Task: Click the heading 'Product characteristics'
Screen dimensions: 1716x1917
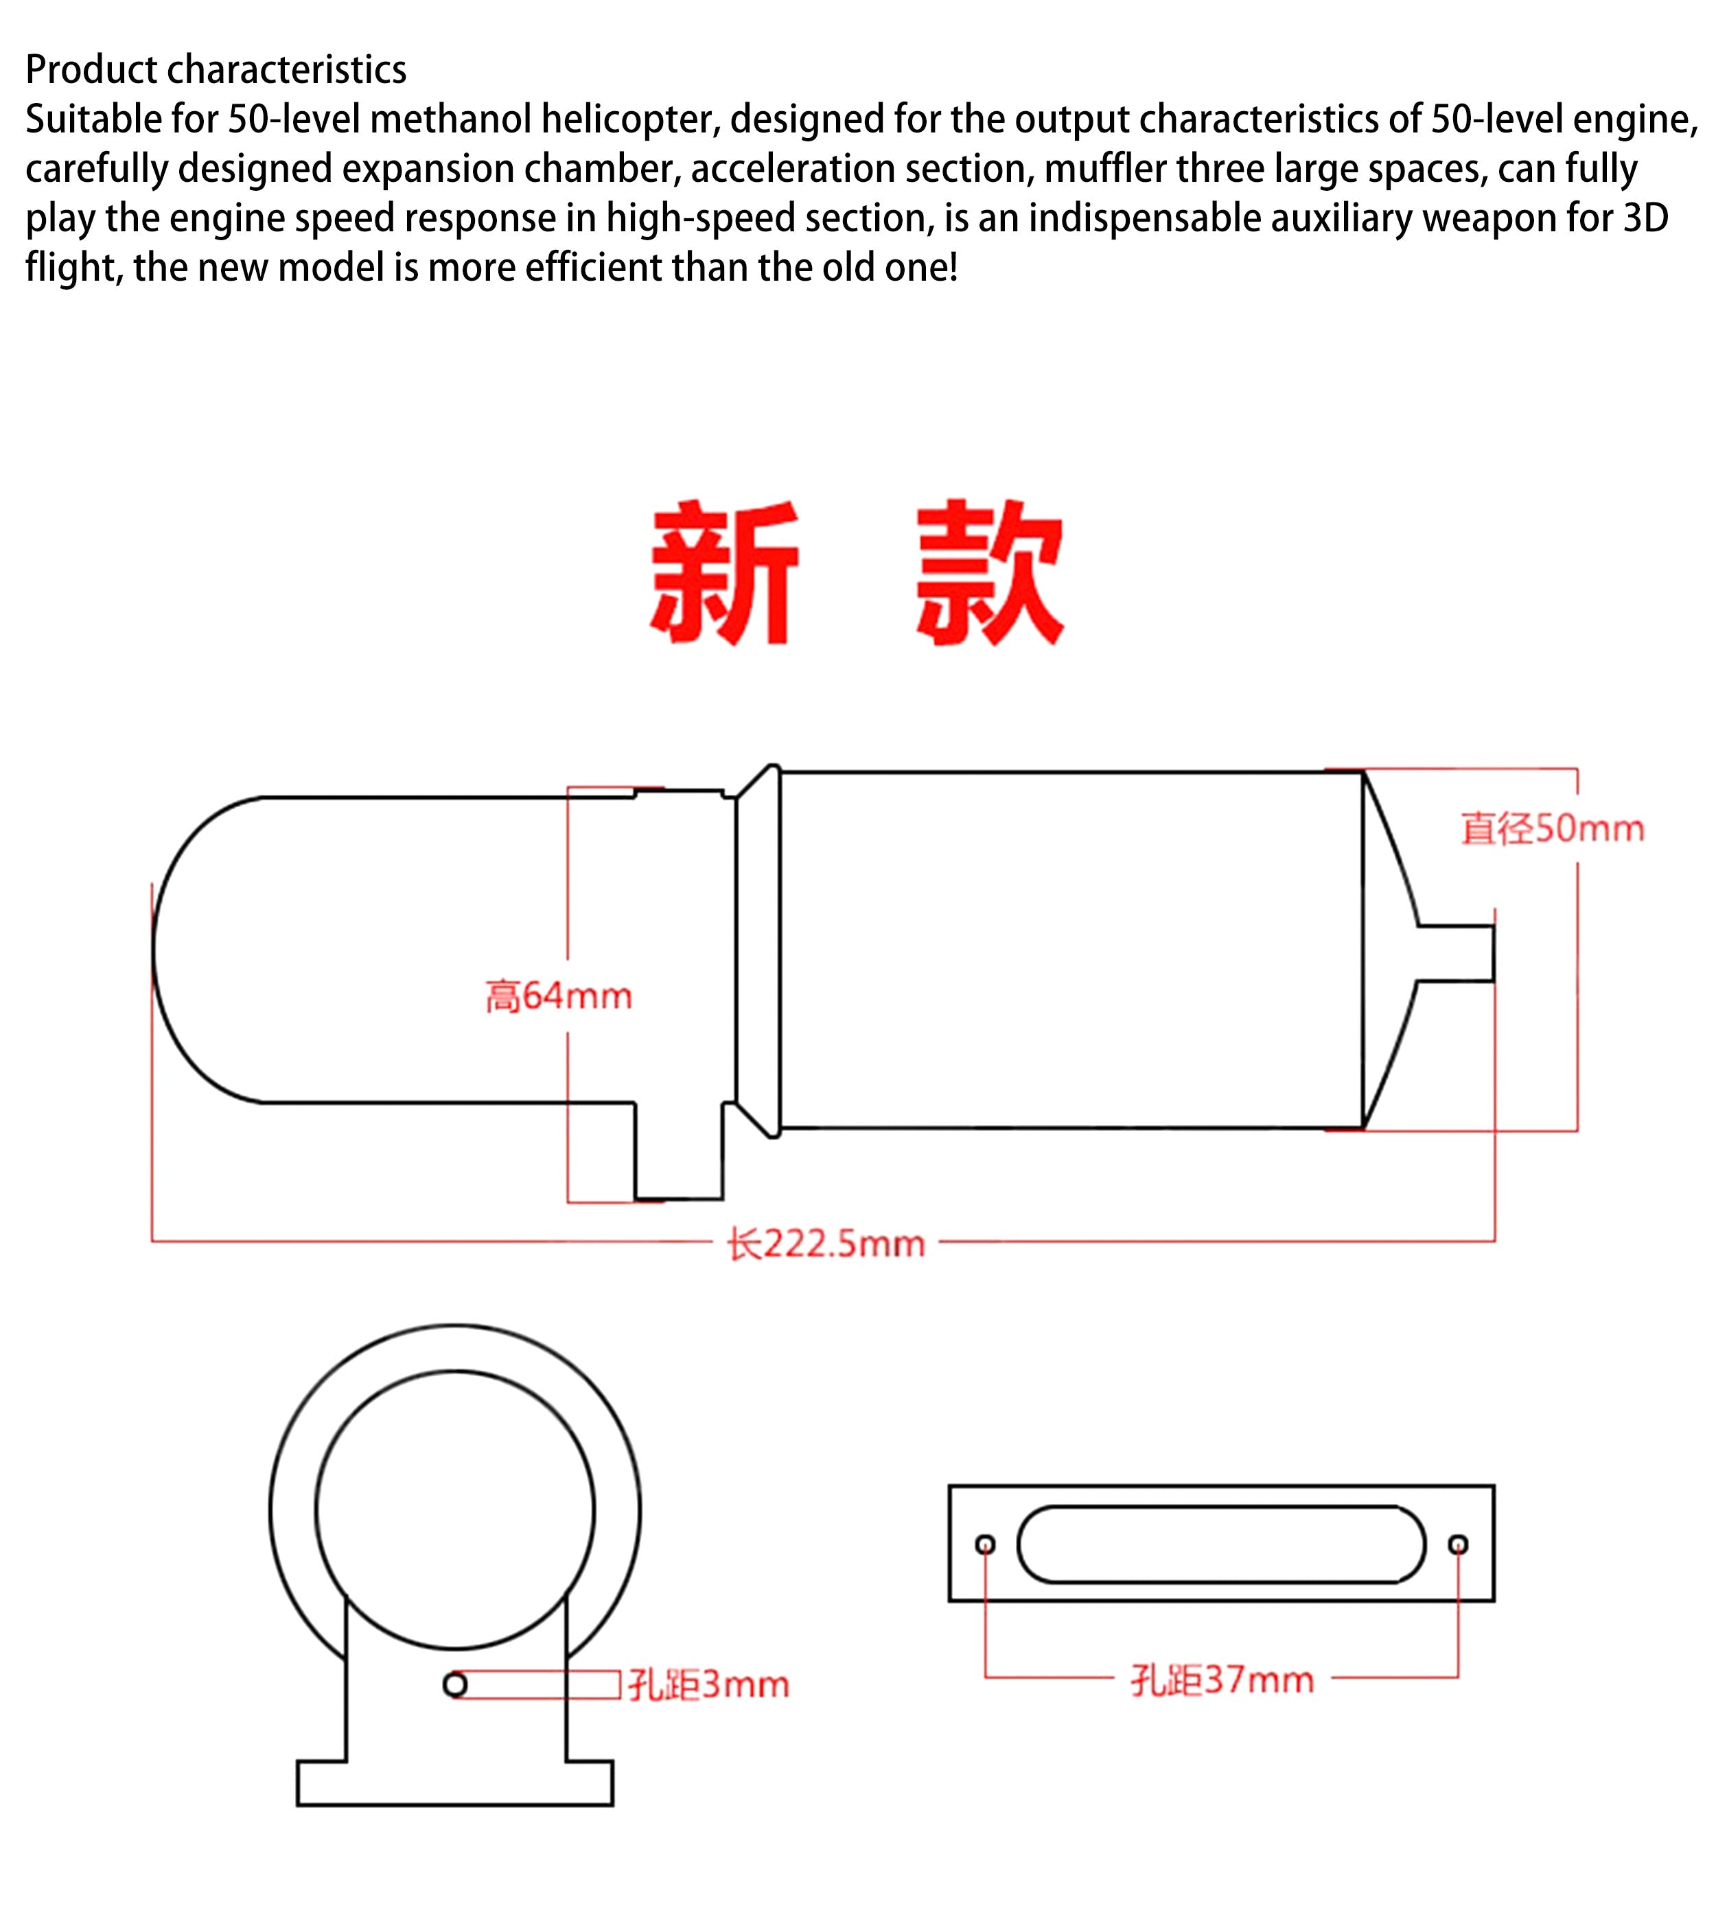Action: coord(216,70)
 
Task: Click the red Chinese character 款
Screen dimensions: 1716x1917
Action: coord(990,572)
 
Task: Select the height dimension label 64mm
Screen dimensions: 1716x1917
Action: coord(558,996)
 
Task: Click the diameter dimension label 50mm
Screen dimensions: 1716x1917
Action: coord(1553,828)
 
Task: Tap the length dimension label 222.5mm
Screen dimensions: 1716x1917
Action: coord(826,1244)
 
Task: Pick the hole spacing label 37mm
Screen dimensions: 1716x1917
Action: coord(1222,1680)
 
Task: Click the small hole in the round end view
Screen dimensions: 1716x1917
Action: coord(455,1684)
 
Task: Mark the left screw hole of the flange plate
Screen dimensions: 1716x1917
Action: coord(985,1544)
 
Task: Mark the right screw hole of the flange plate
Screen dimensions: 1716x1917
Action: coord(1459,1544)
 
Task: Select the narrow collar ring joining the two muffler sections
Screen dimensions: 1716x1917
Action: coord(758,951)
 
